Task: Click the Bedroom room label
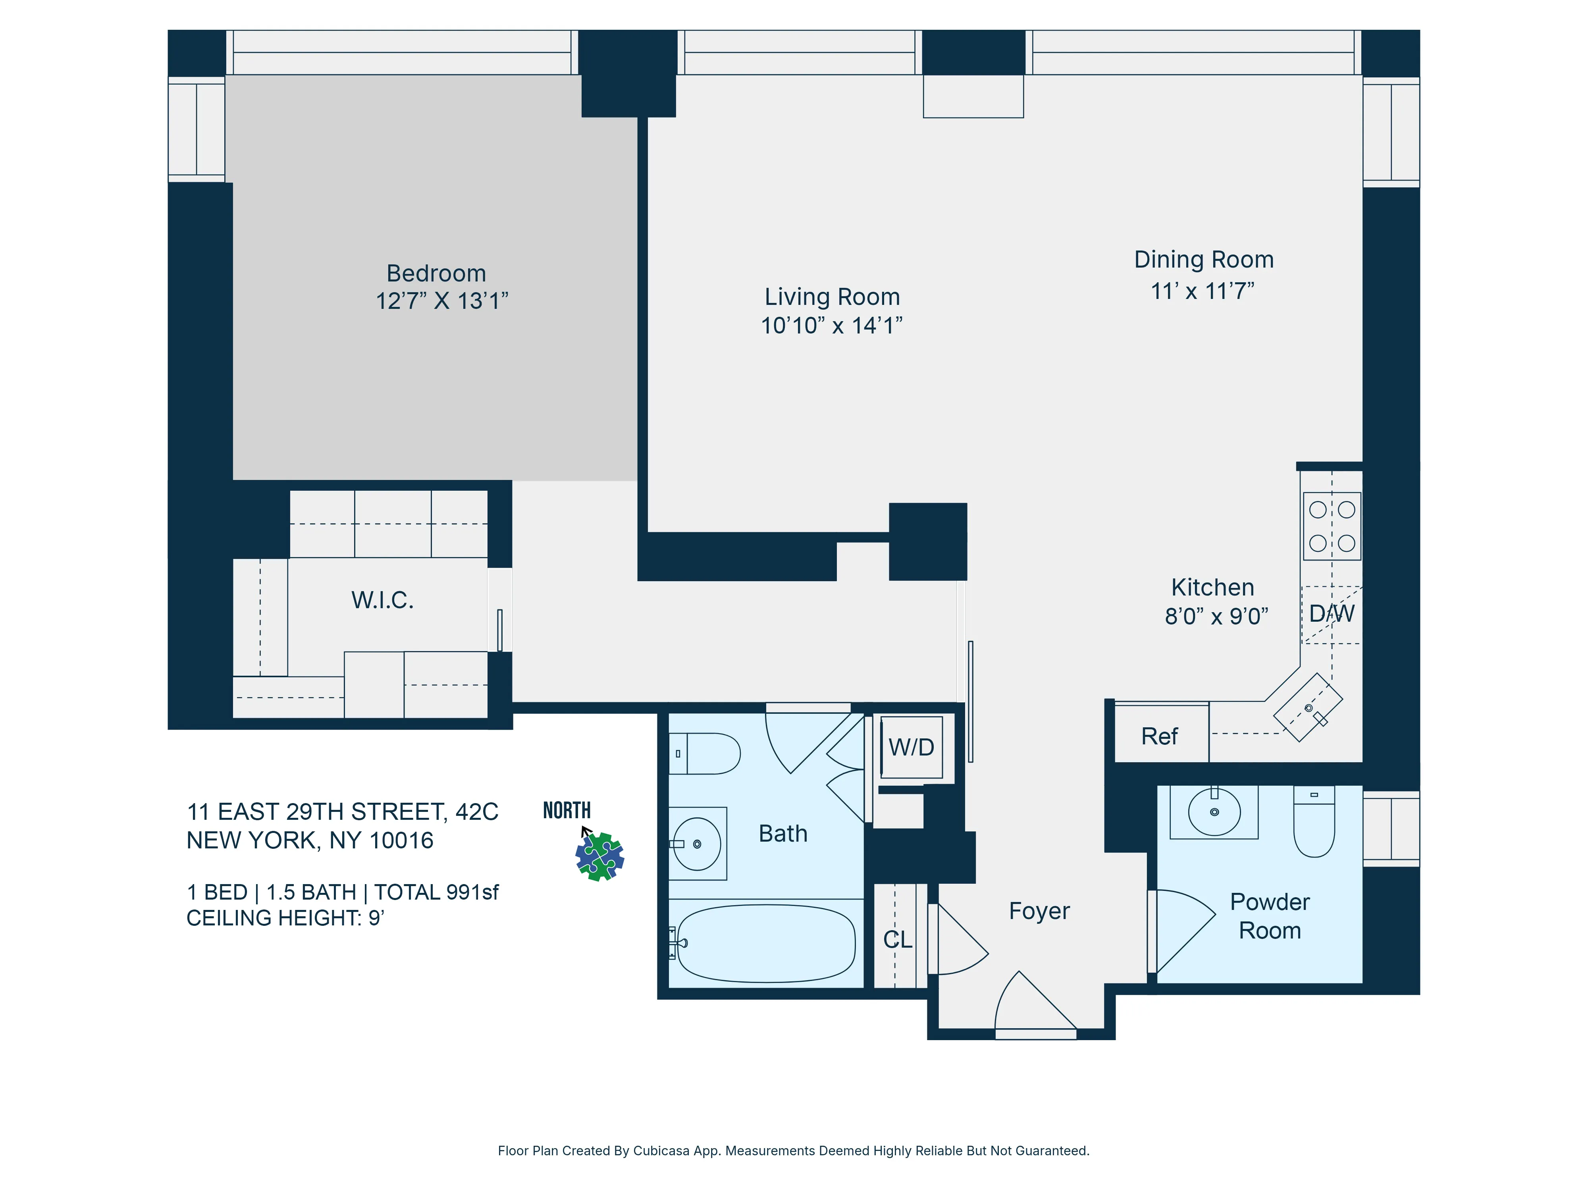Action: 436,274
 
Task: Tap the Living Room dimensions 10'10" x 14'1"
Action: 831,326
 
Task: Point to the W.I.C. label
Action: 382,600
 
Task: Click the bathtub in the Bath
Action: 766,942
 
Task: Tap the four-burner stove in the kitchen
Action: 1332,526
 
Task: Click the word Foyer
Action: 1039,911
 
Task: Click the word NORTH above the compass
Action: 567,811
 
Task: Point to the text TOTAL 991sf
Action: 436,892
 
